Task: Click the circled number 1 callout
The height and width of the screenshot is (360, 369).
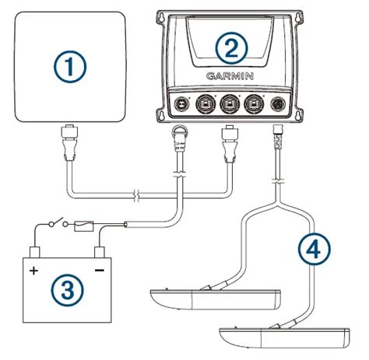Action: coord(71,67)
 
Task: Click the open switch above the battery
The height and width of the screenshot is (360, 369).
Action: coord(52,226)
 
